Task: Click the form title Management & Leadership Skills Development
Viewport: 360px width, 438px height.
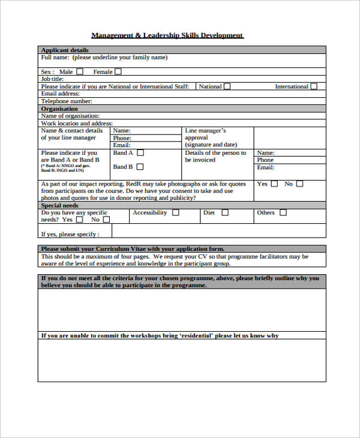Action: click(167, 35)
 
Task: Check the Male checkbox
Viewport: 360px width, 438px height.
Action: click(80, 71)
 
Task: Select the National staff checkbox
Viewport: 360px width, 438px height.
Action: click(228, 86)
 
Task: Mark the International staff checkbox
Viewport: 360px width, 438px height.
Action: click(314, 86)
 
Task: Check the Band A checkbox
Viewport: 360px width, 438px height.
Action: click(140, 153)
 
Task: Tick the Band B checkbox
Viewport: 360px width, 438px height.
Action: click(140, 167)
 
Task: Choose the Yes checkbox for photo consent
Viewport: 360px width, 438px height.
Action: click(274, 184)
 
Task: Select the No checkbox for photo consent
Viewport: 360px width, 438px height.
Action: click(299, 184)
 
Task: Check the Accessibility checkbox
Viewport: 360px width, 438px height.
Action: click(176, 212)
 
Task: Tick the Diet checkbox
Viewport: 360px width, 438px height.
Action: click(224, 212)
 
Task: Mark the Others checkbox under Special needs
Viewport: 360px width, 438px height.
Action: click(283, 212)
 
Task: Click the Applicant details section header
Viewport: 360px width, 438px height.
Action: click(64, 50)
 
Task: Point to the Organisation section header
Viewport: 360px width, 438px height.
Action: click(59, 109)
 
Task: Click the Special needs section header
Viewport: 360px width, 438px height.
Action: click(61, 205)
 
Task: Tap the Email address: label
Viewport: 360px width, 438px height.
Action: click(60, 94)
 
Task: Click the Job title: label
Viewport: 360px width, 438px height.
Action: click(52, 79)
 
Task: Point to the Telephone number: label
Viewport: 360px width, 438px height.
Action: click(67, 101)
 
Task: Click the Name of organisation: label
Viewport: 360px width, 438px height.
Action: click(70, 116)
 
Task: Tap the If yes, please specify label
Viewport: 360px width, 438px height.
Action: click(70, 234)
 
